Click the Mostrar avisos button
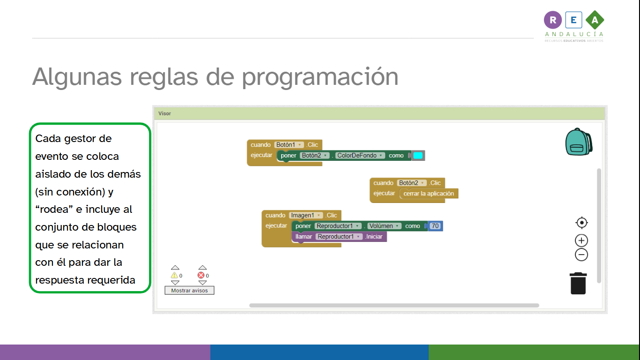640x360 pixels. [189, 291]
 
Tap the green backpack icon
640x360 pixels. [578, 142]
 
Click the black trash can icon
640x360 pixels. [578, 284]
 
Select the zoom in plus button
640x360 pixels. [581, 240]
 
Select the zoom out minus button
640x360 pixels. [581, 255]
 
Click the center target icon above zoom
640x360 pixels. [581, 223]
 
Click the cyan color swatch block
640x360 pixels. [418, 156]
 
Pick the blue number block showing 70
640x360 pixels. [435, 226]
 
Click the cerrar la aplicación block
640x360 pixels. [429, 194]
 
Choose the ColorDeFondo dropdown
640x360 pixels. [360, 156]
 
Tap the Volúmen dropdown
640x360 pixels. [384, 226]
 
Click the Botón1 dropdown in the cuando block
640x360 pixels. [289, 145]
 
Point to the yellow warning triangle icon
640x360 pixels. [174, 276]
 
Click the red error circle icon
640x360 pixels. [201, 276]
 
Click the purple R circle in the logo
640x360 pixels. [553, 20]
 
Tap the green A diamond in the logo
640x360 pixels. [595, 20]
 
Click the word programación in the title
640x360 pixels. [320, 76]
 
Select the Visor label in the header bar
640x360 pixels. [164, 113]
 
